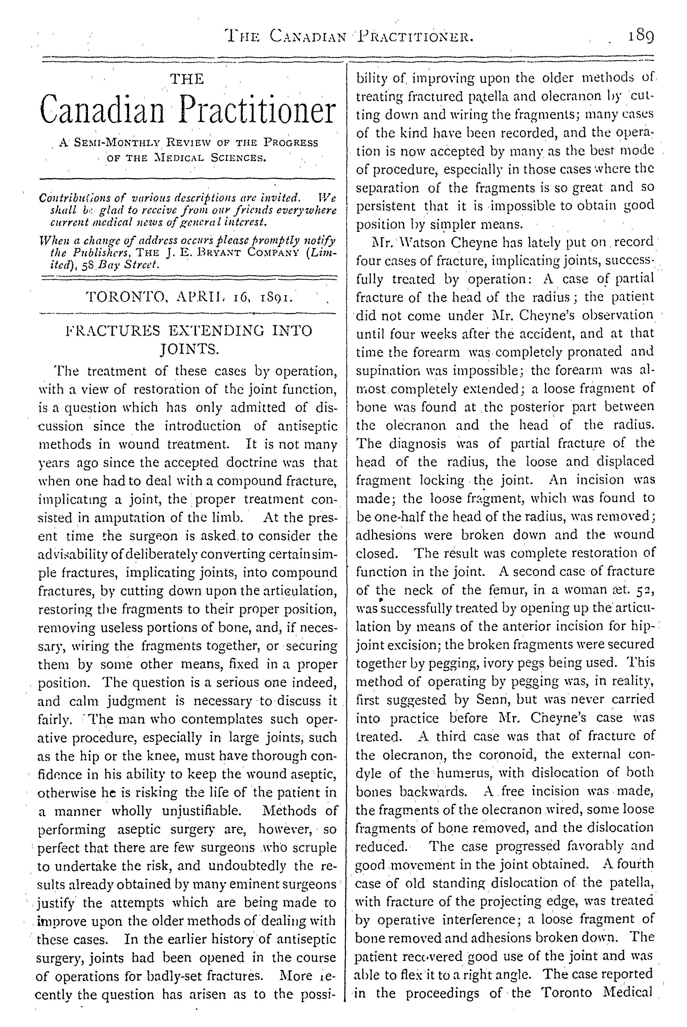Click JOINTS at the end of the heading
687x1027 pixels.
(x=188, y=350)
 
